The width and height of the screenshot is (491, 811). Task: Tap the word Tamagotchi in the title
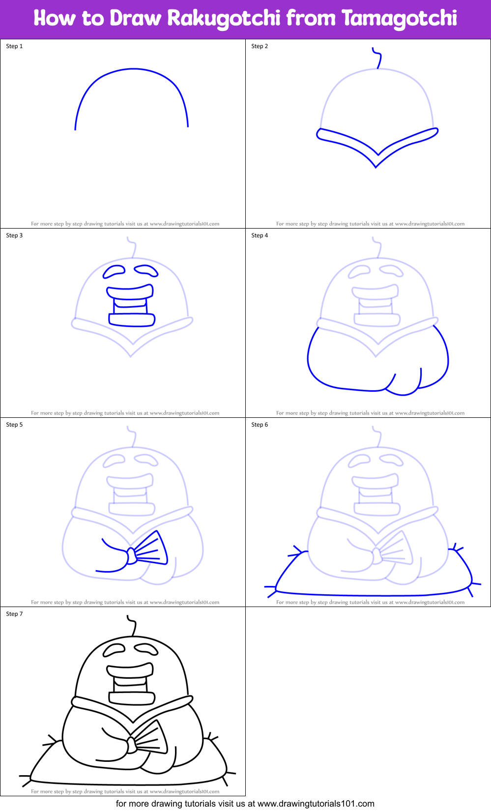point(399,18)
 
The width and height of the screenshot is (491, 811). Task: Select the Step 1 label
point(14,46)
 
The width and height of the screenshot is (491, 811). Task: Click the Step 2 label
point(260,46)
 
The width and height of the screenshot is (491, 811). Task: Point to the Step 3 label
point(14,235)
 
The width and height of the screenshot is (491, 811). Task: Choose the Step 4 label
point(260,235)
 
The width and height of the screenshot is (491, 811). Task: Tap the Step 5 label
point(14,425)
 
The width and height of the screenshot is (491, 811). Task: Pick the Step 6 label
point(260,425)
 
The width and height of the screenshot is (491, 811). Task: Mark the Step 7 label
point(14,614)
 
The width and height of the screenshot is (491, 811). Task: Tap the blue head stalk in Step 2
point(378,58)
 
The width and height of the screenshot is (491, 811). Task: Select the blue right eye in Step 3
point(146,270)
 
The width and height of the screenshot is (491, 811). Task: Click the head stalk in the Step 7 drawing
point(133,625)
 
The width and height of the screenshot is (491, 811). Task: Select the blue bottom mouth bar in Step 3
point(132,319)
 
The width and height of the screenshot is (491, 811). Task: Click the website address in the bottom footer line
point(316,804)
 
